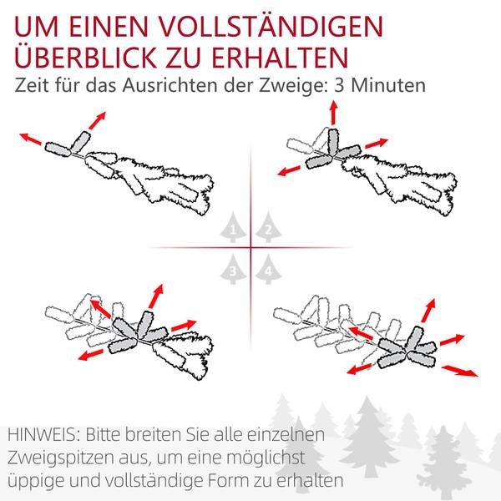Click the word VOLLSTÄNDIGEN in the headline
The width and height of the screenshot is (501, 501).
(x=271, y=26)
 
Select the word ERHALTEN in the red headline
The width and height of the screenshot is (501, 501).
(x=280, y=58)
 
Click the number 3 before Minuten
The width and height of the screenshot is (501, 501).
(x=339, y=85)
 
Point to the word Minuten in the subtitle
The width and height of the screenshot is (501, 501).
(x=388, y=85)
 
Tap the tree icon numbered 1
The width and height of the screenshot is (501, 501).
(x=233, y=227)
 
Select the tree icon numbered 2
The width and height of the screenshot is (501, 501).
(x=268, y=227)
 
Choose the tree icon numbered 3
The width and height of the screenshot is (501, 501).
(x=233, y=270)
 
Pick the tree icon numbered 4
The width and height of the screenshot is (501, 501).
(x=268, y=270)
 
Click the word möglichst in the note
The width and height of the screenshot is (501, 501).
(x=266, y=458)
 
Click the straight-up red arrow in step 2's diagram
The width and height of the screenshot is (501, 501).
(x=334, y=113)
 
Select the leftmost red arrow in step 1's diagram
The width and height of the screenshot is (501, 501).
(x=31, y=139)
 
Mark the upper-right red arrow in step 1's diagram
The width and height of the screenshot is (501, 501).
(x=97, y=120)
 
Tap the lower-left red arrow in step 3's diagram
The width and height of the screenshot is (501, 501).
(x=91, y=355)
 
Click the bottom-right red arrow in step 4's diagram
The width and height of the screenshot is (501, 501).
(x=460, y=371)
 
